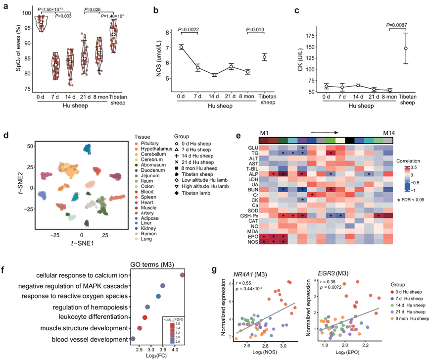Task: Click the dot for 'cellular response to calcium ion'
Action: pos(183,275)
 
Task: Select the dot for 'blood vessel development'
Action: pos(133,339)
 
